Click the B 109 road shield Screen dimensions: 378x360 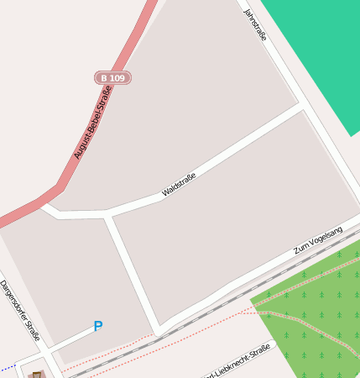pyautogui.click(x=112, y=78)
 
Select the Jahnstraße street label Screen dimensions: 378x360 pyautogui.click(x=254, y=25)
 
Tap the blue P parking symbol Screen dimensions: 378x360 pyautogui.click(x=98, y=326)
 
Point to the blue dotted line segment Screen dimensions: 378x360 pyautogui.click(x=8, y=368)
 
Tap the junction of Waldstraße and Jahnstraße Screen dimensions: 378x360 pyautogui.click(x=300, y=108)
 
